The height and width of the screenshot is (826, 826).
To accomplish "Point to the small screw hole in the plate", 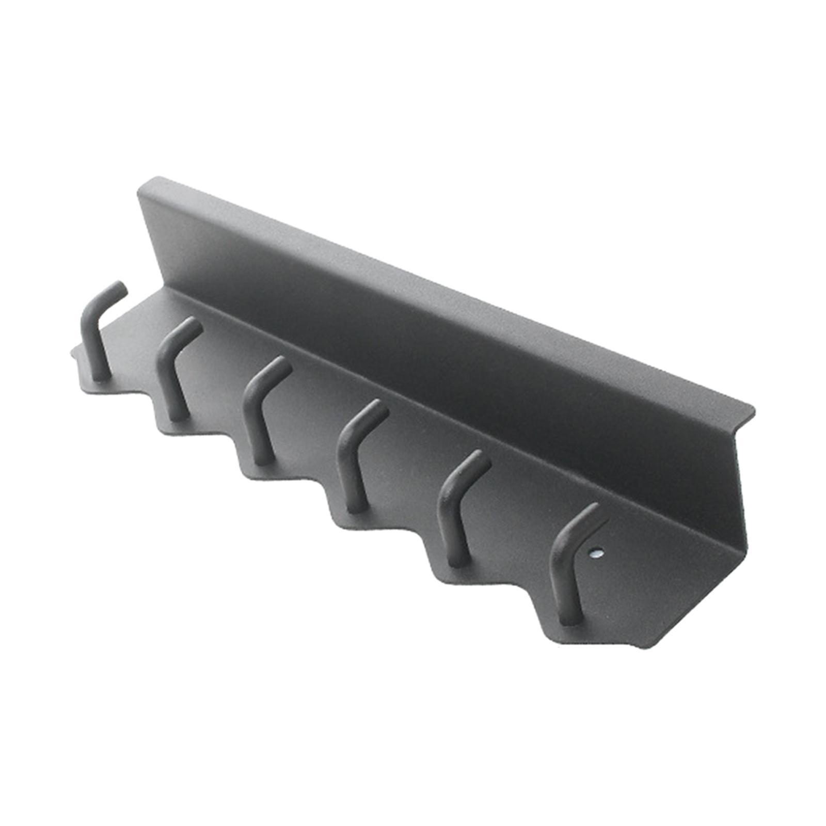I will click(x=597, y=553).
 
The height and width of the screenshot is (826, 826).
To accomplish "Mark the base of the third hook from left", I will click(x=263, y=459).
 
